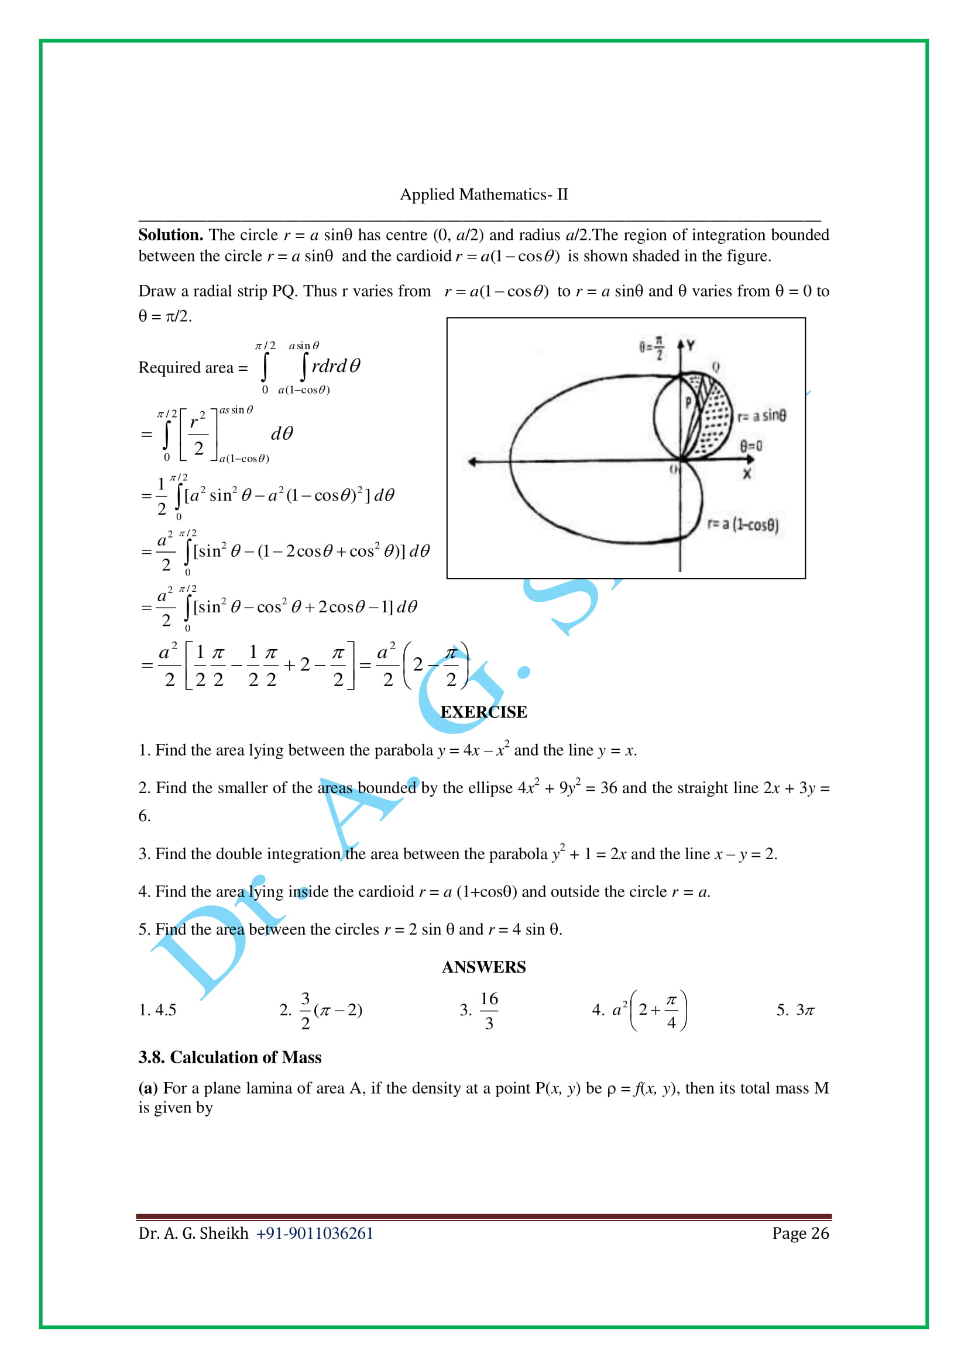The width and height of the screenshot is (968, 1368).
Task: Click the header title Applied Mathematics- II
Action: (x=483, y=194)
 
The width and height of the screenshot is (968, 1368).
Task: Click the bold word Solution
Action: (x=170, y=235)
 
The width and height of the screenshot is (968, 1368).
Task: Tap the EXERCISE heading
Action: (x=483, y=712)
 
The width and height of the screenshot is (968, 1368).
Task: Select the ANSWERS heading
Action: (x=483, y=967)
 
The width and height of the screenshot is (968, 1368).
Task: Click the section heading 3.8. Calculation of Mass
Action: (x=229, y=1057)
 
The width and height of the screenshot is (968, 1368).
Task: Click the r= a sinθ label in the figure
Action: (x=761, y=415)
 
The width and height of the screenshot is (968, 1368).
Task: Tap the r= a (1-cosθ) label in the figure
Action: (x=742, y=524)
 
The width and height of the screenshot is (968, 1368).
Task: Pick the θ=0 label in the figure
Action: (x=750, y=446)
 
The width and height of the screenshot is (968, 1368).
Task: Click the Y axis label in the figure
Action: (x=690, y=345)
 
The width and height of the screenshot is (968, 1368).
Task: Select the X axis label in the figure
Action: (x=746, y=474)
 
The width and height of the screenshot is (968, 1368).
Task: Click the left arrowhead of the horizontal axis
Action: (x=472, y=462)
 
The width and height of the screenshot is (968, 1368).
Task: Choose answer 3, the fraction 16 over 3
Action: (x=489, y=1010)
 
